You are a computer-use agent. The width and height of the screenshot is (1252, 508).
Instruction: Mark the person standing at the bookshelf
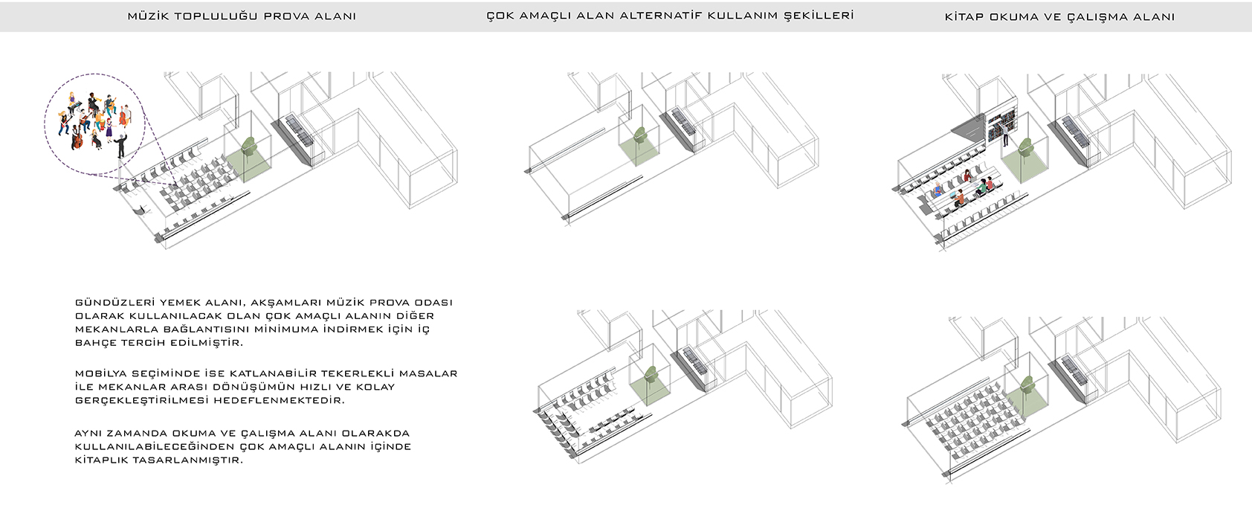[x=1004, y=135]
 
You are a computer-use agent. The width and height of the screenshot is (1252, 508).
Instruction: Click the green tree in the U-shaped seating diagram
[x=651, y=376]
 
